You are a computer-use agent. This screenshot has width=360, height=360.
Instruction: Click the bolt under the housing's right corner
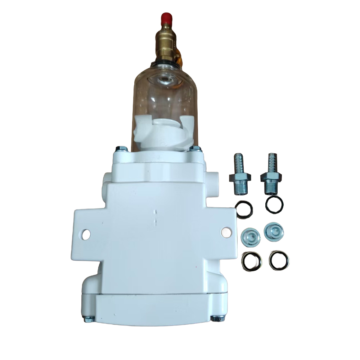click(216, 318)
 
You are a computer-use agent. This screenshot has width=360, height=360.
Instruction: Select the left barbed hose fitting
click(238, 171)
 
